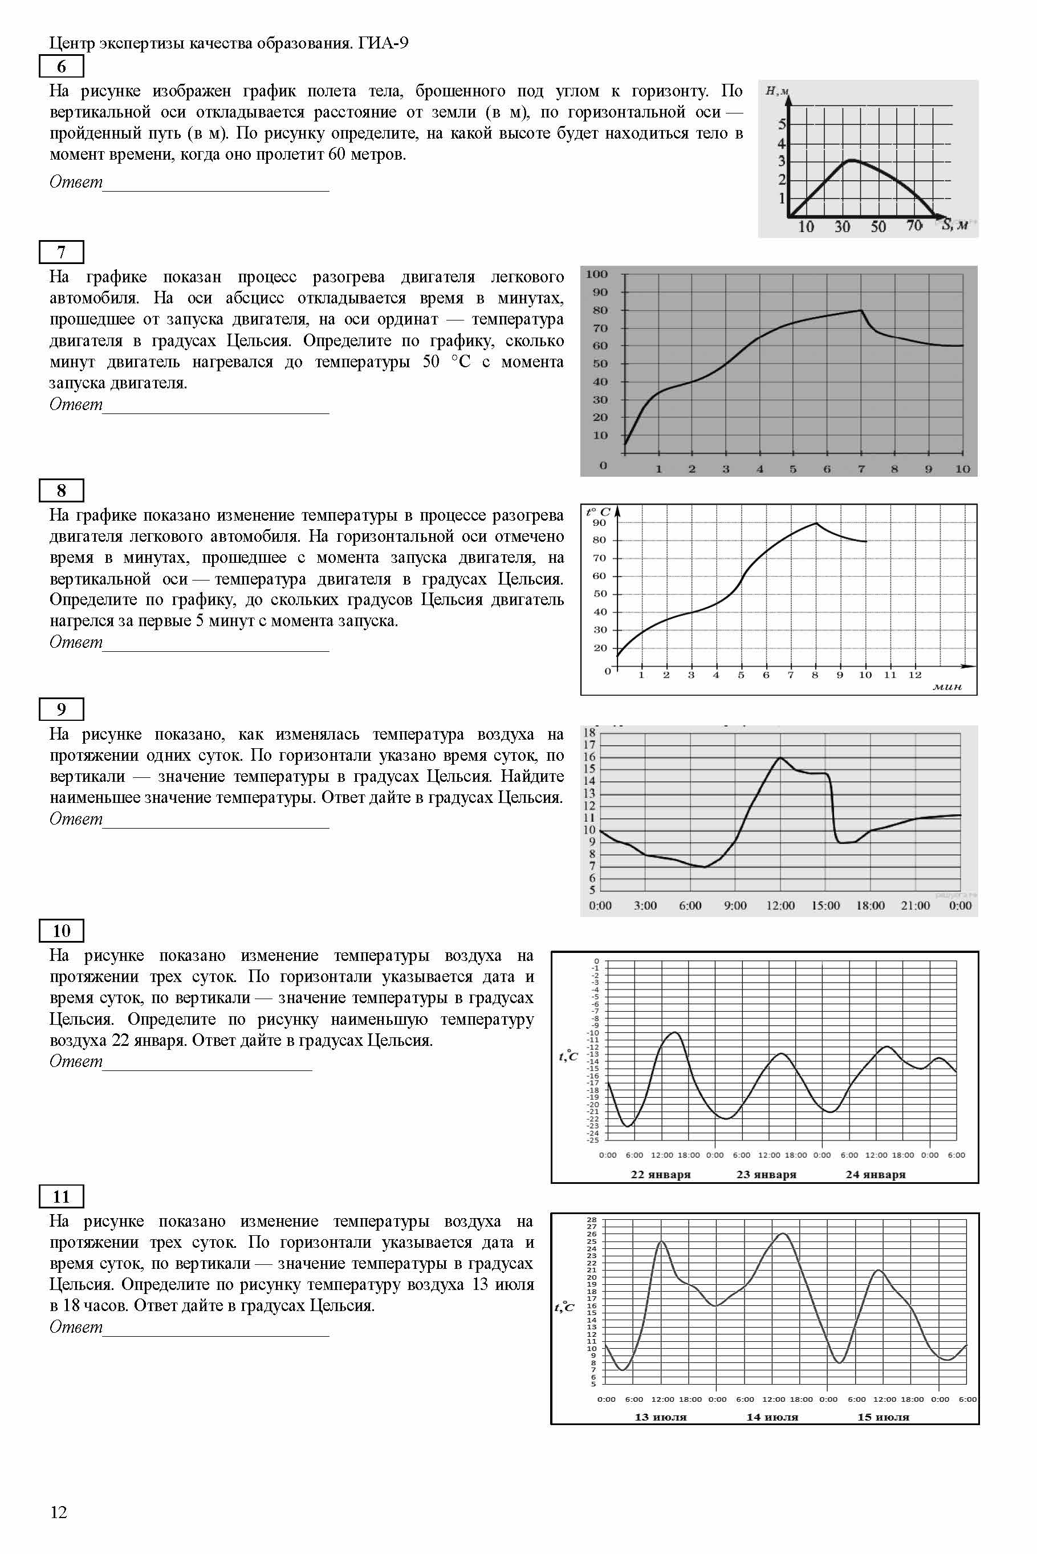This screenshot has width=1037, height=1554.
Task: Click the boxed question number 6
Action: click(x=62, y=66)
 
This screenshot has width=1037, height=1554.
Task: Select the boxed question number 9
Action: click(x=62, y=709)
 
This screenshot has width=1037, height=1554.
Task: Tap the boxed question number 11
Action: click(x=62, y=1196)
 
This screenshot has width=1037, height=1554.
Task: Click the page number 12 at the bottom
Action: click(x=59, y=1512)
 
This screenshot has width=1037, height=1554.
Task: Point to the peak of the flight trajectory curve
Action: click(x=852, y=160)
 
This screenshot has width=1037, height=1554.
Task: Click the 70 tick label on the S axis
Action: click(x=914, y=226)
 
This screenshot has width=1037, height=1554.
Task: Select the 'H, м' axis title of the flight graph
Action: click(x=776, y=91)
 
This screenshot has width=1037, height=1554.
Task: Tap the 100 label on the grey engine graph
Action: click(x=596, y=274)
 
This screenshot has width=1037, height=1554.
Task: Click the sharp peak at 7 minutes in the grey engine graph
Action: click(x=860, y=310)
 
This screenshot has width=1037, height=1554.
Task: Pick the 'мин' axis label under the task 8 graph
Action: click(x=947, y=687)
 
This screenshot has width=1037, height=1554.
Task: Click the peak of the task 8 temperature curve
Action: click(x=815, y=524)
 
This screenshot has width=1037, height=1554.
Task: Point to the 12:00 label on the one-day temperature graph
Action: click(x=780, y=905)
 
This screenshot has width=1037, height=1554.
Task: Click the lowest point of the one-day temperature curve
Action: click(x=705, y=867)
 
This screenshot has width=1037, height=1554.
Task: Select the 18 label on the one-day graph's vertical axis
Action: click(x=589, y=733)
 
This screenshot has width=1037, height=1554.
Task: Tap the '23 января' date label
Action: click(x=766, y=1174)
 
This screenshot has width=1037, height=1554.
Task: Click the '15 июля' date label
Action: click(x=883, y=1417)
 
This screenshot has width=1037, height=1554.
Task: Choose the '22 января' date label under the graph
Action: click(x=660, y=1174)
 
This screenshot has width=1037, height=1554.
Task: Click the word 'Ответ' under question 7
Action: click(x=76, y=404)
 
